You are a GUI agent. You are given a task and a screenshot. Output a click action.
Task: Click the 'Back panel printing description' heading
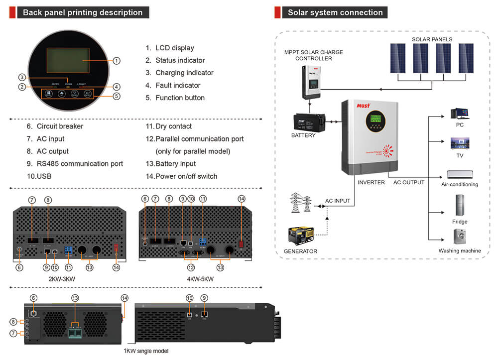click(x=83, y=13)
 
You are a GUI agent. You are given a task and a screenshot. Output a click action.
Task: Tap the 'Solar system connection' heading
click(x=335, y=13)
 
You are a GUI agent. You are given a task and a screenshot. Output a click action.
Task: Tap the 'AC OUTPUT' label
click(x=409, y=183)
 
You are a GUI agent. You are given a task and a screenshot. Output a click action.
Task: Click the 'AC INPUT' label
click(x=338, y=201)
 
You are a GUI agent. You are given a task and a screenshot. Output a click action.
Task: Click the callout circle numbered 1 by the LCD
click(x=116, y=61)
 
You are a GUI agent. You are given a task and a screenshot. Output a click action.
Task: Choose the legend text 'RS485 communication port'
click(x=80, y=164)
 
